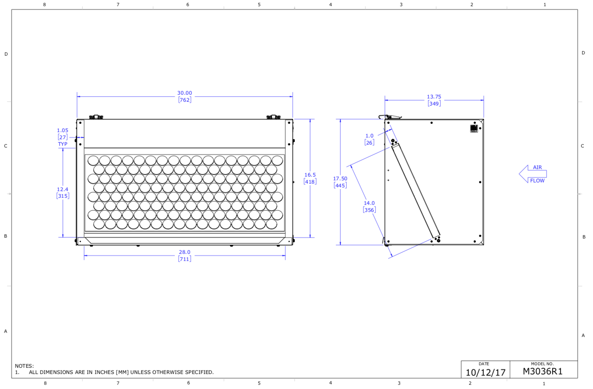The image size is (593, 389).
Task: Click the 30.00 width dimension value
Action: coord(184,93)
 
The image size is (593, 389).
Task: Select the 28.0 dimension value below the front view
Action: coord(184,252)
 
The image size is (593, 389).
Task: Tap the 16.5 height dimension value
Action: coord(310,175)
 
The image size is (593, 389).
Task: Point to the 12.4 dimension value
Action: coord(62,189)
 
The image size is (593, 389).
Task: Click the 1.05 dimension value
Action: coord(62,130)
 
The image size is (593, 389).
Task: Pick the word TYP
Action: coord(63,144)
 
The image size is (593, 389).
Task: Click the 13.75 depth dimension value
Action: coord(434,97)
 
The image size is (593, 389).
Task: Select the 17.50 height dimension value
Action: coord(340,179)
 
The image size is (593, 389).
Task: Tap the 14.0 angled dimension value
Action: coord(369,203)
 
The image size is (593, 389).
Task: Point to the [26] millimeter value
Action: coord(369,143)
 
